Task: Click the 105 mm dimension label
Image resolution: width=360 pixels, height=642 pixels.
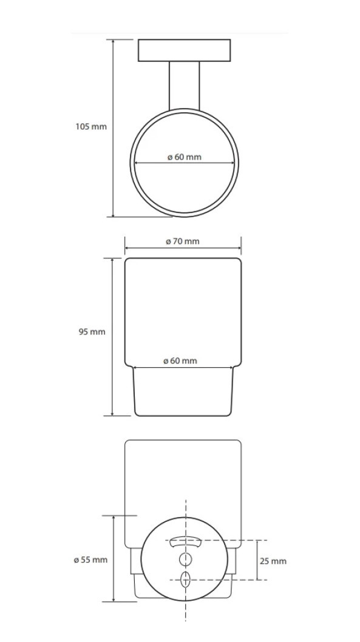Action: point(91,126)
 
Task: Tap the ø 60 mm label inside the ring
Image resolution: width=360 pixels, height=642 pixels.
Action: point(185,157)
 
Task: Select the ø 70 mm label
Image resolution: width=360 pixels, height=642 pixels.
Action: point(183,242)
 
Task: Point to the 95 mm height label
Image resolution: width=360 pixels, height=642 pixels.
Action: point(92,332)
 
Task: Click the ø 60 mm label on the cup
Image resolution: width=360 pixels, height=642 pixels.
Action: point(180,360)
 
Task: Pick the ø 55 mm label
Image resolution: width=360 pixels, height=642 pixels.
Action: point(91,559)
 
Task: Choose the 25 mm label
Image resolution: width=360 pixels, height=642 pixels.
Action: point(273,561)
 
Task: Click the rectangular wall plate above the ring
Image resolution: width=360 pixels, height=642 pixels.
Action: point(185,50)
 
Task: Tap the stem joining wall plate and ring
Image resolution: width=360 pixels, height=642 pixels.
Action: point(185,86)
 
